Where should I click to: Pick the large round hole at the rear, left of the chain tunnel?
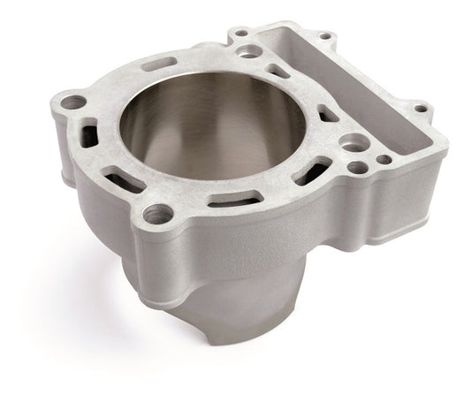[x=250, y=51]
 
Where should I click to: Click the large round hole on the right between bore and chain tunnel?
[x=354, y=143]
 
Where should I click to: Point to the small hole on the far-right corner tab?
[x=421, y=109]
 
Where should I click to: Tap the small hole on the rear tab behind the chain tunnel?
[x=324, y=36]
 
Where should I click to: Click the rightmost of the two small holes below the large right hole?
[x=384, y=161]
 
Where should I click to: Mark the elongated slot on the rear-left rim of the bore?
[x=159, y=64]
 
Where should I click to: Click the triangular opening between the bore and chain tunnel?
[x=328, y=113]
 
